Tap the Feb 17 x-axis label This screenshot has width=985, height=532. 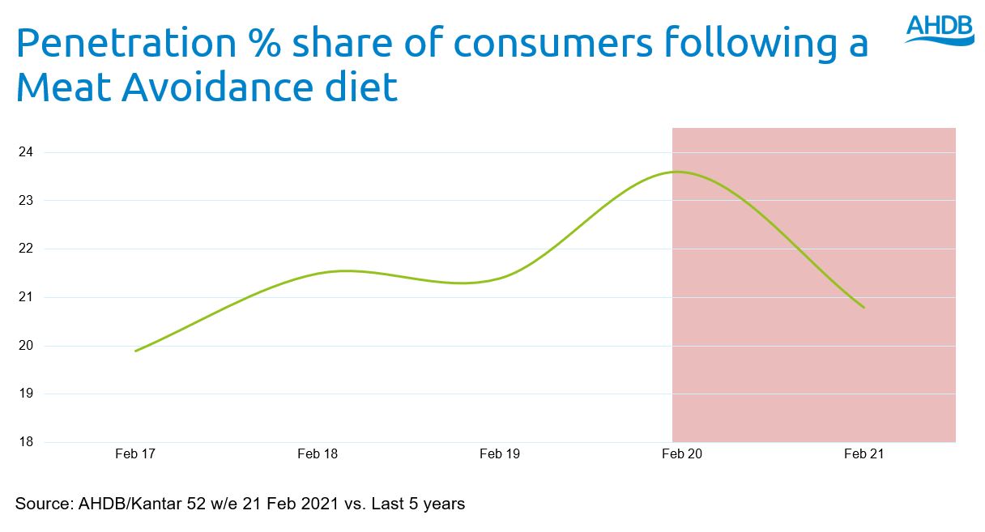[x=135, y=454]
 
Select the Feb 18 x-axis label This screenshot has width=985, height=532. [x=318, y=454]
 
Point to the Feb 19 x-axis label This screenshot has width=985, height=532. [x=500, y=454]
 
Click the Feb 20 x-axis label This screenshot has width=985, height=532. [x=682, y=454]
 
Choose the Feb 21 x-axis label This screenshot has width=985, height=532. [x=864, y=454]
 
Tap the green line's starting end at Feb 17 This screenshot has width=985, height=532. [x=135, y=351]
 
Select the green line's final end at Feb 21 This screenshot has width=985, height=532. [x=864, y=308]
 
